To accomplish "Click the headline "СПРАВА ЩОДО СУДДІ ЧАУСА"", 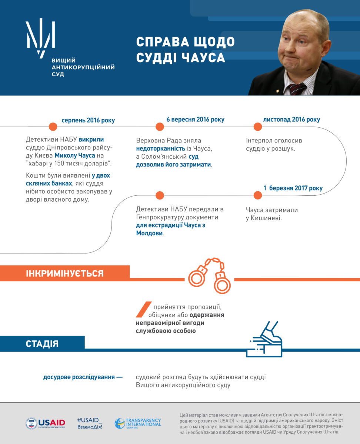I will pyautogui.click(x=185, y=50).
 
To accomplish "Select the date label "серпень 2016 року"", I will pyautogui.click(x=88, y=120).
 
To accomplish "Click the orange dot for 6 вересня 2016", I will pyautogui.click(x=160, y=127).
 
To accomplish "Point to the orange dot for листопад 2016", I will pyautogui.click(x=258, y=127).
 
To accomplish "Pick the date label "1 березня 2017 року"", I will pyautogui.click(x=293, y=188).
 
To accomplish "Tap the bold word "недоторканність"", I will pyautogui.click(x=160, y=148).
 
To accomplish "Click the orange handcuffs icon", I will pyautogui.click(x=210, y=276).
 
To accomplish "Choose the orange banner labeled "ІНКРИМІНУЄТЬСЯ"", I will pyautogui.click(x=65, y=273).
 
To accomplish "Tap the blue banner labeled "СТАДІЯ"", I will pyautogui.click(x=42, y=343).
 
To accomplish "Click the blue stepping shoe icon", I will pyautogui.click(x=264, y=340).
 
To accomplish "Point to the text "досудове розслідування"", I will pyautogui.click(x=79, y=377).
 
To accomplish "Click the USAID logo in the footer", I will pyautogui.click(x=46, y=423).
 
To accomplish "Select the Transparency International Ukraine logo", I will pyautogui.click(x=138, y=423).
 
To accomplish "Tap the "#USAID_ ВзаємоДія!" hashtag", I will pyautogui.click(x=90, y=423).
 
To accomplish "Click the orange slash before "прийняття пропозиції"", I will pyautogui.click(x=143, y=310).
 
